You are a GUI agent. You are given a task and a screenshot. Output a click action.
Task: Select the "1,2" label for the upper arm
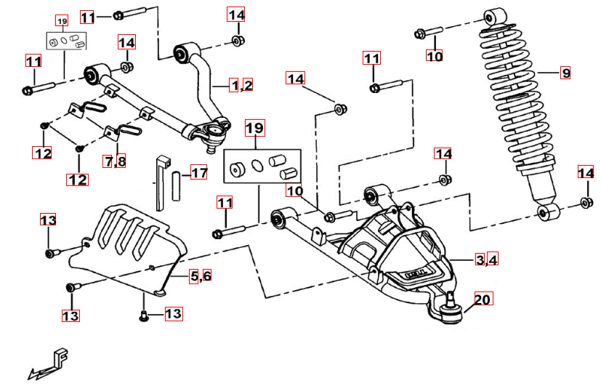coord(241,86)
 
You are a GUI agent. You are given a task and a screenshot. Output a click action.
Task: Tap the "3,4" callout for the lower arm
coord(487,260)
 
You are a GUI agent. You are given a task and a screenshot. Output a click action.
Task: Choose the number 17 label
coord(198,173)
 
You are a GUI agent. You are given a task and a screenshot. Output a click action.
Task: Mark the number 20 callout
coord(483,298)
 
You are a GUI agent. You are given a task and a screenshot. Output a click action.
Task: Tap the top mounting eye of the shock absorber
coord(496,17)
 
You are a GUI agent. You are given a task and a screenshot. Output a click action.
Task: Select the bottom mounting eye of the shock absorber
coord(547,212)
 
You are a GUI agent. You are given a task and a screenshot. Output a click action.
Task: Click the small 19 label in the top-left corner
coord(61,20)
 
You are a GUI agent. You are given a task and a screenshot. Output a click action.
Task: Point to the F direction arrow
coord(51,364)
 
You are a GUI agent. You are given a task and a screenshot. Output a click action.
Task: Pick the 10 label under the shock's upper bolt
coord(435,56)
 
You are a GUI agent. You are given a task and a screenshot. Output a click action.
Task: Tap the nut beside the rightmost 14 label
coord(586,203)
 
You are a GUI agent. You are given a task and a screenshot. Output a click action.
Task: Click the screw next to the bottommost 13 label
coord(143,315)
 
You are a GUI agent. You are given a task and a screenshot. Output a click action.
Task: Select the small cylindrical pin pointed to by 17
coord(176,184)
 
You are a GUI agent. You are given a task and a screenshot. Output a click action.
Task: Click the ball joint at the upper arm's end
coord(214,133)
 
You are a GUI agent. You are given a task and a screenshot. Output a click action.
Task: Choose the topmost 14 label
coord(236,15)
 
